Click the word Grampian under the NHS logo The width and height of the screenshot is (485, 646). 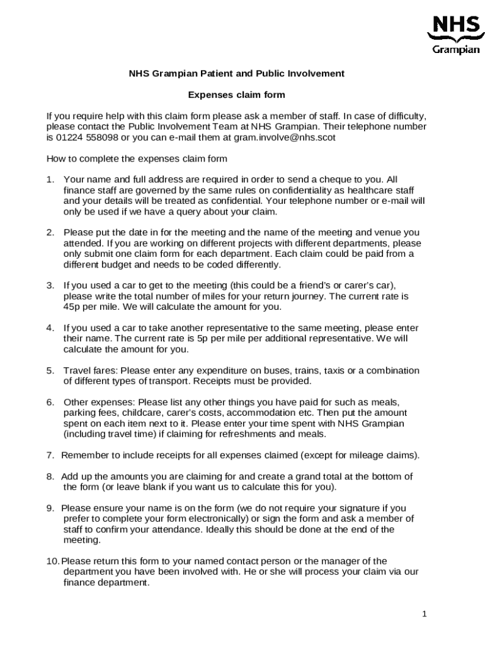click(455, 50)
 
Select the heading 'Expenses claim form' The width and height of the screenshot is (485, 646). click(237, 95)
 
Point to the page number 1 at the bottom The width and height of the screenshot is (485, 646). click(425, 614)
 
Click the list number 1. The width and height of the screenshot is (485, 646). click(50, 179)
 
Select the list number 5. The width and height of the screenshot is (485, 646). click(50, 370)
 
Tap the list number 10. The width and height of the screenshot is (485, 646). click(52, 561)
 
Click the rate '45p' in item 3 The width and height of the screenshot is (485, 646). click(73, 307)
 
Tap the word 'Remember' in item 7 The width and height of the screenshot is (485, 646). click(82, 455)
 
